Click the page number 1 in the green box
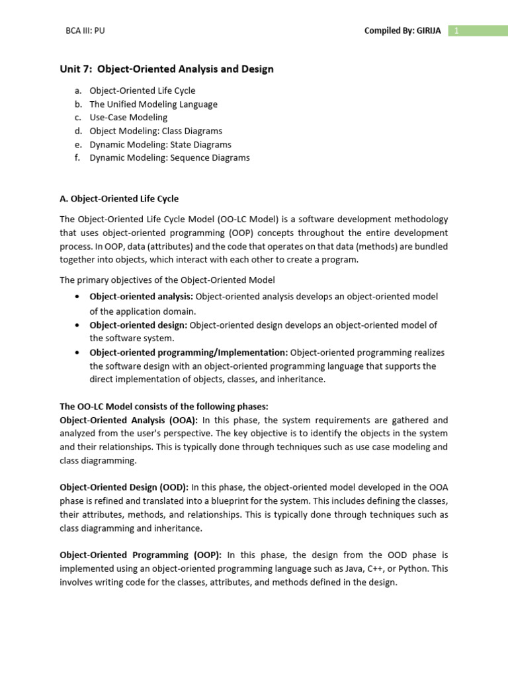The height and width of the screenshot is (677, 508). click(x=456, y=30)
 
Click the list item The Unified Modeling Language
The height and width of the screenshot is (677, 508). click(x=153, y=104)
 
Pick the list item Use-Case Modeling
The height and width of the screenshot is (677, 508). click(x=128, y=117)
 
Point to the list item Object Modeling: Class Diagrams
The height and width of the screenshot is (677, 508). click(x=156, y=131)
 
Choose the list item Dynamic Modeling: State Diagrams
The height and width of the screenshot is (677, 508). click(x=161, y=144)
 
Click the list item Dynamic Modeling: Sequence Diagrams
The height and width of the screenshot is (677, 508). click(x=170, y=157)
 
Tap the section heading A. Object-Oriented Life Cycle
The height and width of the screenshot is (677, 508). click(x=119, y=198)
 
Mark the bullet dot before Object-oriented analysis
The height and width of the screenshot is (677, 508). click(x=79, y=297)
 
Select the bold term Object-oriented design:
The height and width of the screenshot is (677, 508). click(x=139, y=325)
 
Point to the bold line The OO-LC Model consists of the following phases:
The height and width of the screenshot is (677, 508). click(x=164, y=407)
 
